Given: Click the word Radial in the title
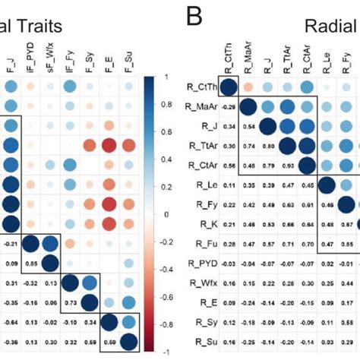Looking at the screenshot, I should pos(330,27).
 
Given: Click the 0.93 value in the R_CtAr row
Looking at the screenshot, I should pos(289,166).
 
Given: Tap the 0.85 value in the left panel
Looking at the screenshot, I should pos(30,264).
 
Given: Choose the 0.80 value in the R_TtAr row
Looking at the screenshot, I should pos(269,145).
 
